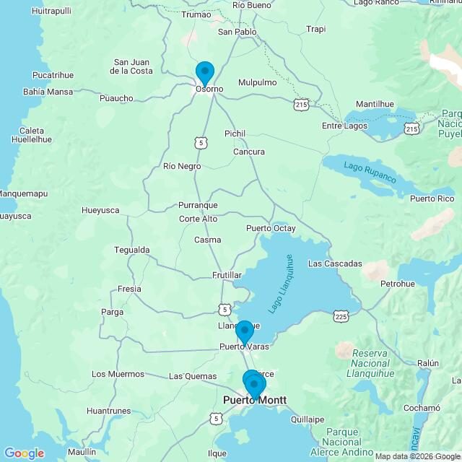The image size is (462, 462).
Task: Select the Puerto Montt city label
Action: point(255,400)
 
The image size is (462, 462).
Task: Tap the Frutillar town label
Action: point(227,276)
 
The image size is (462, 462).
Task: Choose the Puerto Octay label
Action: point(271,228)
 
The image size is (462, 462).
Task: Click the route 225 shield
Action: point(342,315)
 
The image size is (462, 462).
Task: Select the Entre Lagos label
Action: point(344,126)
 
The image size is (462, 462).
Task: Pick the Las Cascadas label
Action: point(334,263)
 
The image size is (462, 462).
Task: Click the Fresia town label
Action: point(129,289)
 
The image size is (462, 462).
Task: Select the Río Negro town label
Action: point(182,166)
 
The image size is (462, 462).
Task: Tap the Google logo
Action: point(24,453)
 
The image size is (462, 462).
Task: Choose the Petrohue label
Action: point(398,284)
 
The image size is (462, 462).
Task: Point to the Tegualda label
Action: point(132,250)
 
